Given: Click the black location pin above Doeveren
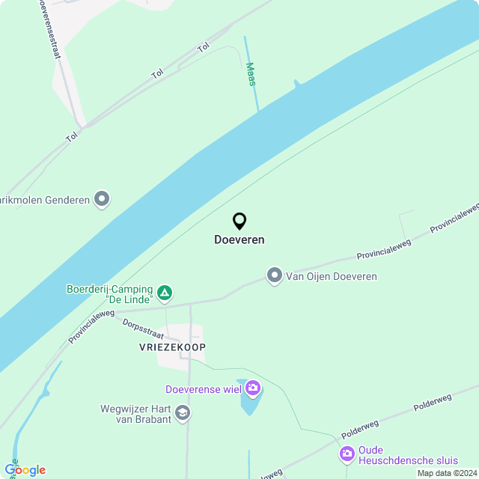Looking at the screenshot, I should coord(239,221).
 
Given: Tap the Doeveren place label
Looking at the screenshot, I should coord(239,240).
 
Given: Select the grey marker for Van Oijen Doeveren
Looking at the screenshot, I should coord(275,276).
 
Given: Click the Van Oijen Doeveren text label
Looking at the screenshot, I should coord(331,276).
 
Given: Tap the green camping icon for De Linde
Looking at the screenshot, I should coord(165,293).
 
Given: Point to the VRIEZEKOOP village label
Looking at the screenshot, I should coord(172,347).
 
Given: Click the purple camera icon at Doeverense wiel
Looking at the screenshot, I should coord(253,388).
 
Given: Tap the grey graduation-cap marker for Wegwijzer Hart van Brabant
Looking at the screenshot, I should coord(182,412).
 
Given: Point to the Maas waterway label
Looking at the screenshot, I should coord(251,74).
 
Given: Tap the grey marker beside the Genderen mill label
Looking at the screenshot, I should coord(102,200).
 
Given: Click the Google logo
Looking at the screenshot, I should coord(25,470).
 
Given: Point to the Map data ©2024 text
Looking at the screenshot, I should coord(447,473).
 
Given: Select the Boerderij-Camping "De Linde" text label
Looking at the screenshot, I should coord(110,294).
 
